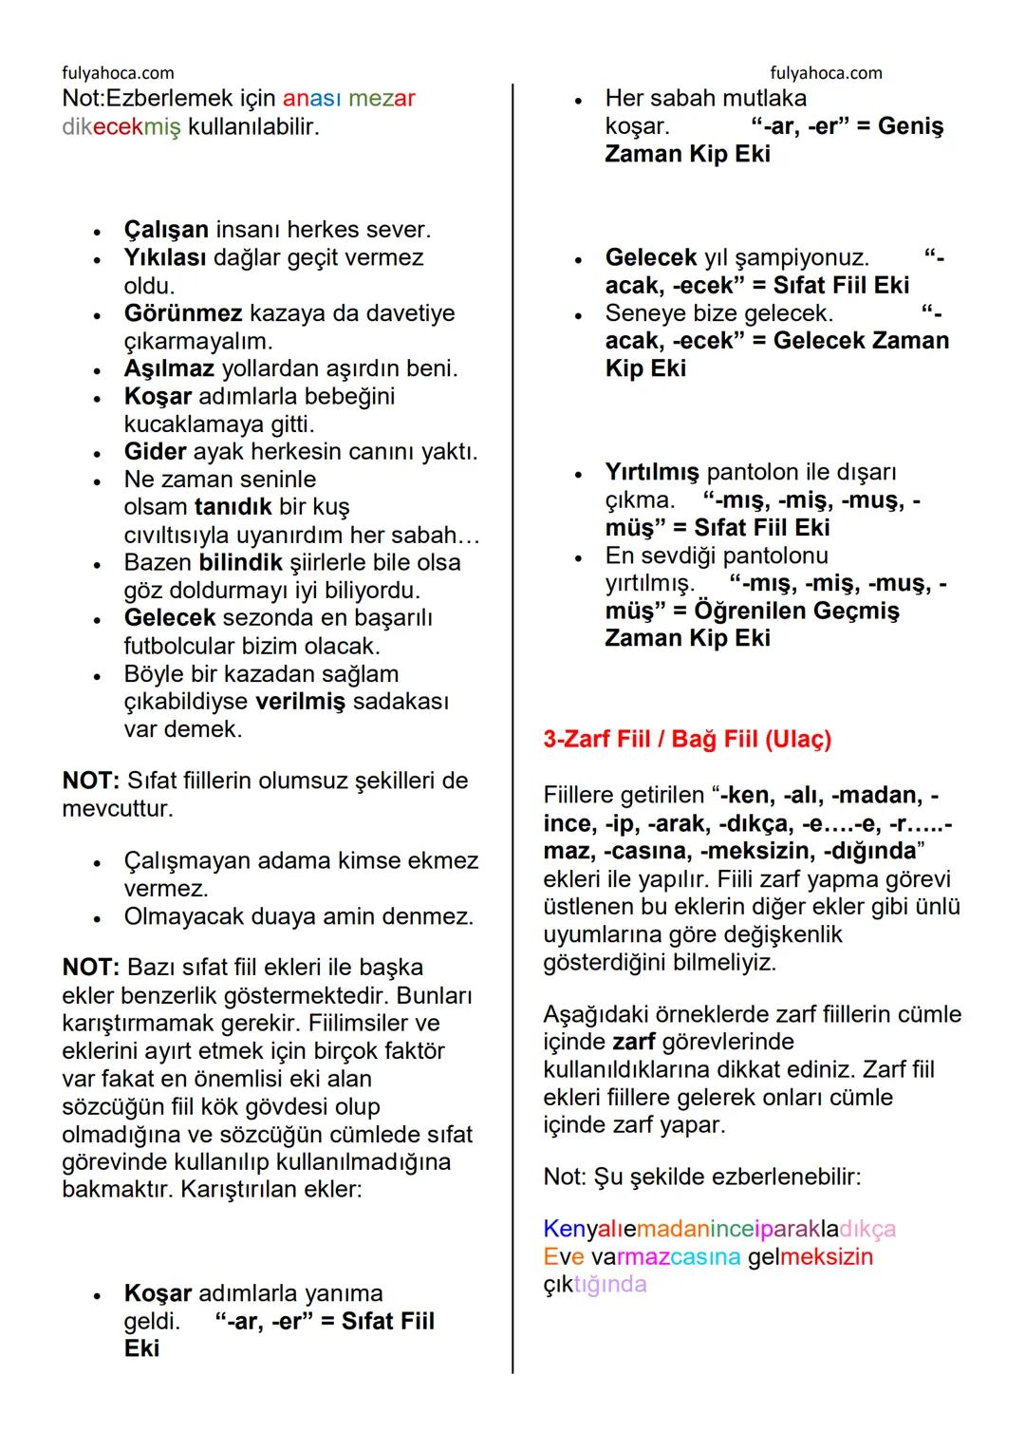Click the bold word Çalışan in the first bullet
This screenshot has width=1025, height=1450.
coord(165,230)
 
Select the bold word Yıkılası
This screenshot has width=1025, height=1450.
coord(168,257)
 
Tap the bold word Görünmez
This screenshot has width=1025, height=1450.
coord(183,313)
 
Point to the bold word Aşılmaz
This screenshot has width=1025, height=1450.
coord(169,368)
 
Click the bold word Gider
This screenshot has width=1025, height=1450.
coord(155,452)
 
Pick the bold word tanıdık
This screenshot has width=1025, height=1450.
coord(233,507)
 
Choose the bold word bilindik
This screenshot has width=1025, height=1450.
coord(241,562)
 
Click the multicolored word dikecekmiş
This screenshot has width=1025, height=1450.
coord(121,126)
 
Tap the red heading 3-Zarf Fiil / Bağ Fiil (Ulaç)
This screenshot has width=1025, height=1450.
coord(687,740)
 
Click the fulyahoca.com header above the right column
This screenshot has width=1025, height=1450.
coord(826,73)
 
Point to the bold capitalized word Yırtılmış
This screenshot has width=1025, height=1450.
coord(652,472)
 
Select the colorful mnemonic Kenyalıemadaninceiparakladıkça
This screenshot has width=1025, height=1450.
coord(719,1230)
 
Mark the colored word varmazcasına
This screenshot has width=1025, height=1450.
coord(665,1257)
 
